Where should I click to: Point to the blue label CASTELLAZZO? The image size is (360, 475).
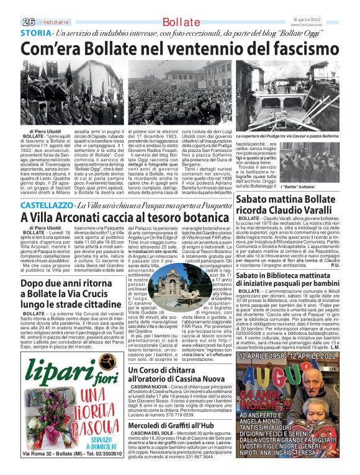[46, 187]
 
